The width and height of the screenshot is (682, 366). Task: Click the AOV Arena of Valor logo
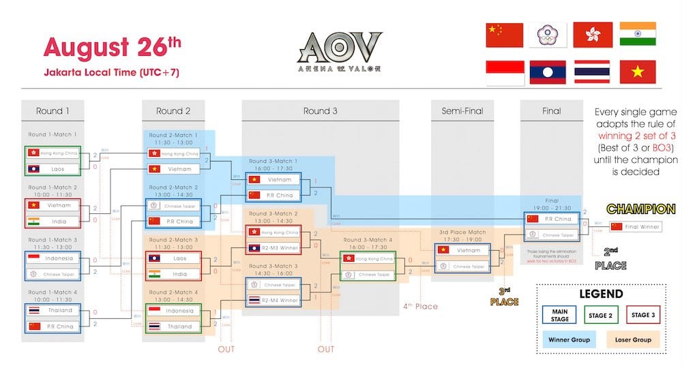point(340,51)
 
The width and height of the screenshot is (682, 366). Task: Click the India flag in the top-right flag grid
point(638,35)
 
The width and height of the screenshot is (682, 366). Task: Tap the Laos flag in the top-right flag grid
point(547,72)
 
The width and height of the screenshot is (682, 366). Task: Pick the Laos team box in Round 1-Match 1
point(53,168)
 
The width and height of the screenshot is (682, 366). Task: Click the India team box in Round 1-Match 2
point(53,221)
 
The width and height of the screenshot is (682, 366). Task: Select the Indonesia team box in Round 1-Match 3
point(53,259)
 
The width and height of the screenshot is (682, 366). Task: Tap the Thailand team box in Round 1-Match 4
point(53,310)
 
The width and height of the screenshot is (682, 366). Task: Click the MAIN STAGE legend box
point(560,314)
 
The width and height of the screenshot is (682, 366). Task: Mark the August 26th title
point(113,47)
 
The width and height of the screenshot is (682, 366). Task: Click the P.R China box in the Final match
point(551,219)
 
